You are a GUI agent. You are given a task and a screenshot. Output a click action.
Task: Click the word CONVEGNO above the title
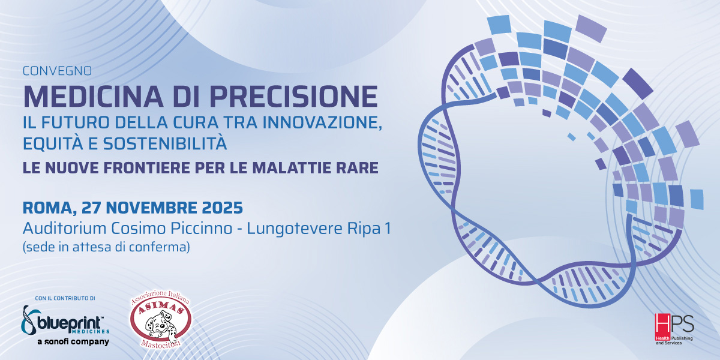pos(57,71)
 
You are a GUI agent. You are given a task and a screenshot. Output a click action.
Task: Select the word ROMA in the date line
pos(45,208)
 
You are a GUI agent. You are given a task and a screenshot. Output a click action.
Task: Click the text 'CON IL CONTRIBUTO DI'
pos(65,298)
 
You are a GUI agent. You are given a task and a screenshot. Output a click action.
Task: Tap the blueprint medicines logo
pos(65,320)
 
